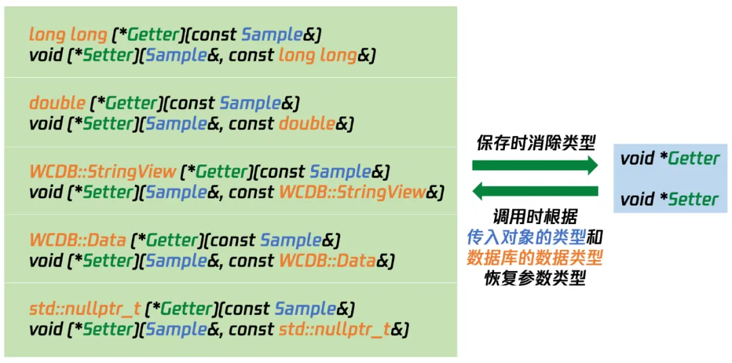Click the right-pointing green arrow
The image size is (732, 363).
coord(535,165)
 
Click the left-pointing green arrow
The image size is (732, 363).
coord(535,191)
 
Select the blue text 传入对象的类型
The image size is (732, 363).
coord(526,238)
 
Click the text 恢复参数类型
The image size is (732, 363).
coord(535,278)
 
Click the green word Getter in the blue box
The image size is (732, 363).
coord(694,159)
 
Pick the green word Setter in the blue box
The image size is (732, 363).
coord(693,200)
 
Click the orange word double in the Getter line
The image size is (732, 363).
coord(58,103)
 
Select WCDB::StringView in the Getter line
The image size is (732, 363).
coord(103,172)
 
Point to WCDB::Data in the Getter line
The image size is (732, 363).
coord(77,240)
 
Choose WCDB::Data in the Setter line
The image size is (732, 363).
coord(327,261)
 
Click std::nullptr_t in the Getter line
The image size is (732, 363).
coord(85,309)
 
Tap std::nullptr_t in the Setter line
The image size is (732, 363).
coord(335,329)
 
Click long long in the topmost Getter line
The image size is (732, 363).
coord(68,35)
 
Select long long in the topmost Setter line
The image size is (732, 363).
coord(317,56)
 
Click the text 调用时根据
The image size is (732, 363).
coord(535,217)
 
